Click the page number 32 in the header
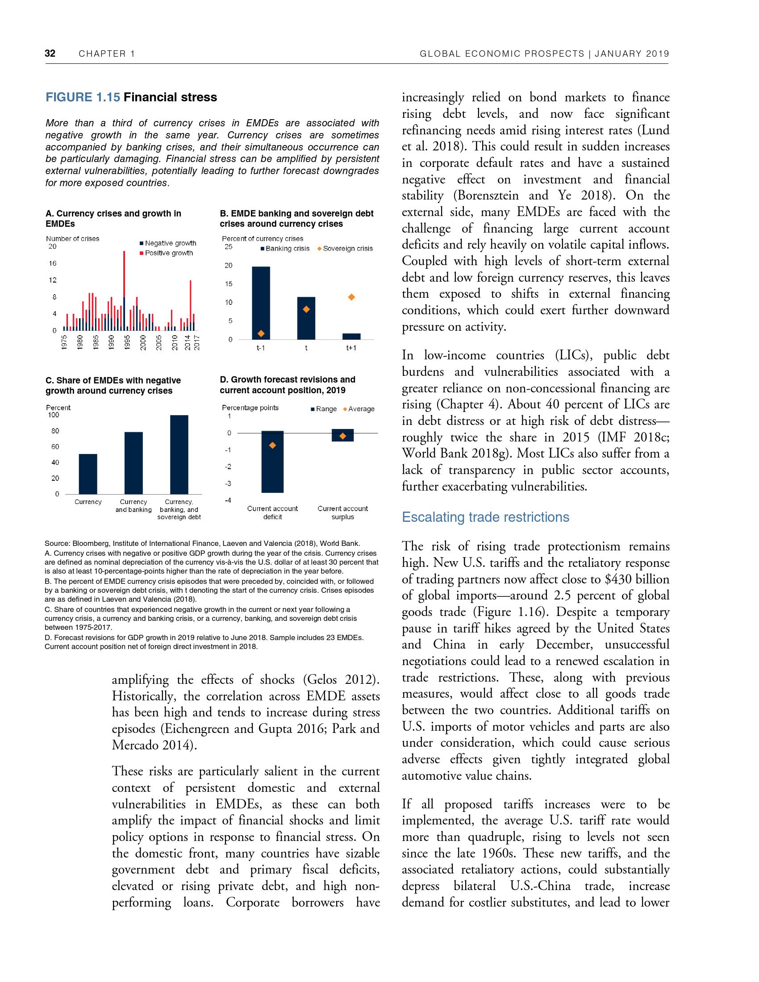tap(50, 54)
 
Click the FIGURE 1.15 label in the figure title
tap(83, 97)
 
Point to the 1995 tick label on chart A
tap(127, 343)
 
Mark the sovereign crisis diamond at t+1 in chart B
tap(352, 297)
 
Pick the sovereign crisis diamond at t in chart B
tap(306, 309)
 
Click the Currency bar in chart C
tap(88, 474)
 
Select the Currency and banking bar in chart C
tap(133, 463)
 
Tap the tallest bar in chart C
tap(179, 454)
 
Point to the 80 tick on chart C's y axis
tap(55, 431)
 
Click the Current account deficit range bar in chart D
tap(272, 462)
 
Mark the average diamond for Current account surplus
tap(342, 436)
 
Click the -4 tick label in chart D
tap(228, 500)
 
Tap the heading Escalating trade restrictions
tap(485, 517)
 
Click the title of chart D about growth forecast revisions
tap(288, 385)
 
